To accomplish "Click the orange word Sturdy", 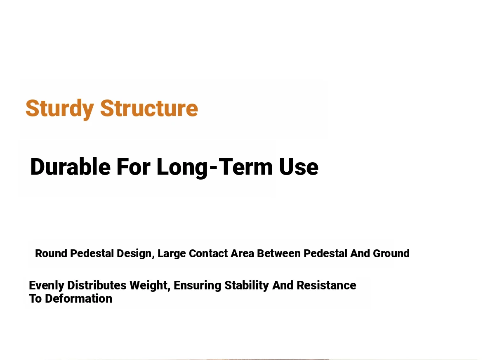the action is [60, 109].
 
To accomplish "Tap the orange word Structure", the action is [149, 108].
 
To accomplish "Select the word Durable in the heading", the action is [71, 166].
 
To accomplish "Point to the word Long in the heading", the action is [182, 168].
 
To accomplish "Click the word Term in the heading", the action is [246, 166].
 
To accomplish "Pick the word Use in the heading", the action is [299, 167].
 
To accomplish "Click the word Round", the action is [51, 253].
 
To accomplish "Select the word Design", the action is [135, 254].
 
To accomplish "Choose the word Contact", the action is [208, 253].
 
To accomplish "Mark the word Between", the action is [279, 253].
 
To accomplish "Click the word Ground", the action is [391, 253].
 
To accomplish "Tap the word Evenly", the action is [47, 285].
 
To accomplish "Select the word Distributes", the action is [97, 285].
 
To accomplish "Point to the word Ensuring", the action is [197, 286].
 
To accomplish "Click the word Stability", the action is [247, 286].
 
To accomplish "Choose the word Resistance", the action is [326, 285].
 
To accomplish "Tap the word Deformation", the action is [78, 298].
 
